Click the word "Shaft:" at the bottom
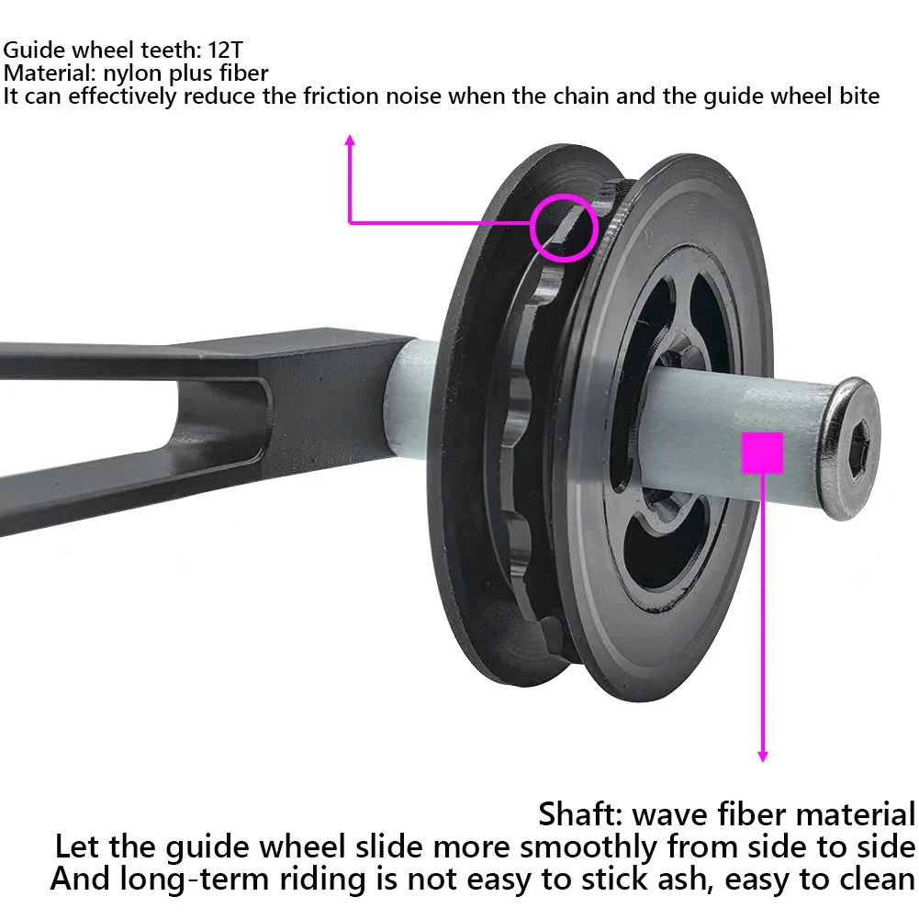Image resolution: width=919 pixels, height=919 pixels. pos(581,813)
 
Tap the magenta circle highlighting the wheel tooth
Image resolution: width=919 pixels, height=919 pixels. pos(564,228)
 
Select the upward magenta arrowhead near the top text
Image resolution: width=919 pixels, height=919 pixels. pos(349,140)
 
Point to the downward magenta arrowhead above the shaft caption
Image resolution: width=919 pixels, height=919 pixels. pos(762,755)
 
